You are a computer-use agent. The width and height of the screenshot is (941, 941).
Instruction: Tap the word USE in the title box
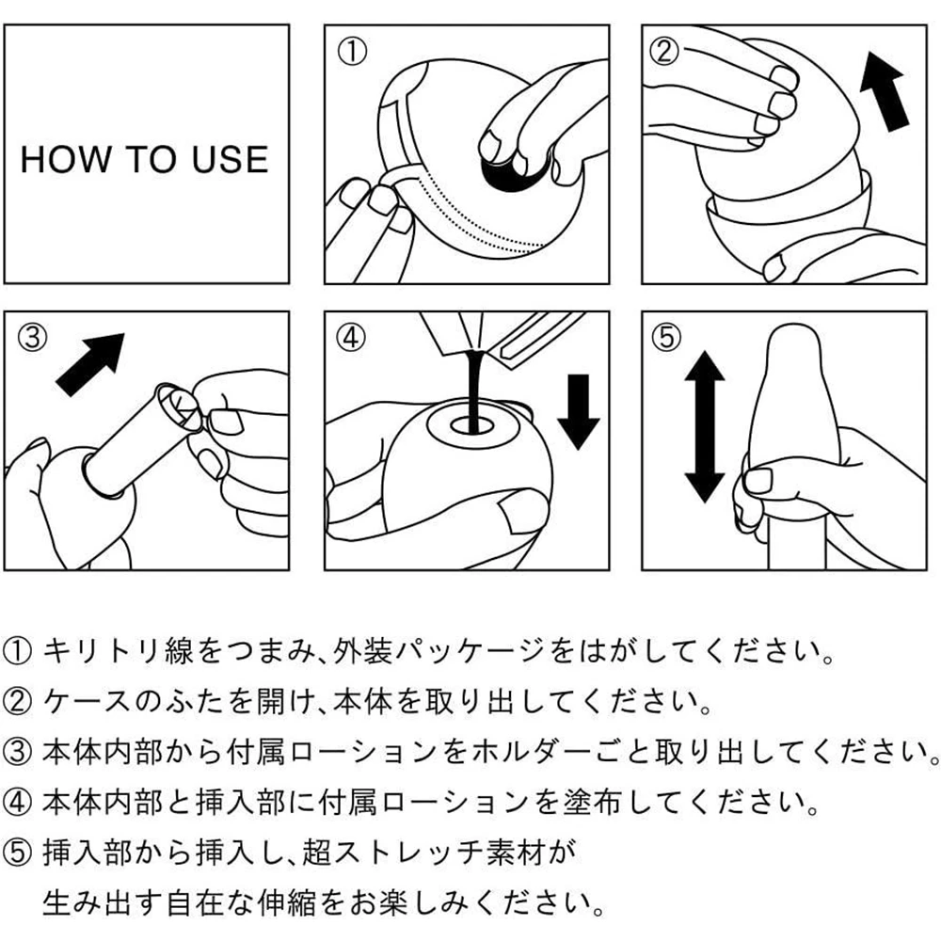[230, 160]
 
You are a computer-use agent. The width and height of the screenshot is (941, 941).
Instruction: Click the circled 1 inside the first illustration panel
[352, 52]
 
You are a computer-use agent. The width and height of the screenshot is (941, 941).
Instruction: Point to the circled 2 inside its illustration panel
[664, 51]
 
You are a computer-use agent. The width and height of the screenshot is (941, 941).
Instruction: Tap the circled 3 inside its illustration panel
[32, 338]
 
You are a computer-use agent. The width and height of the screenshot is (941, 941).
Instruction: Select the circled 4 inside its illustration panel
[351, 338]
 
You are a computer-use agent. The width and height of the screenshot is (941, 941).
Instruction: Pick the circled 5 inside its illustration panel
[667, 338]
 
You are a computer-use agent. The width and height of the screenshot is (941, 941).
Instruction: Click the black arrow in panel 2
[885, 92]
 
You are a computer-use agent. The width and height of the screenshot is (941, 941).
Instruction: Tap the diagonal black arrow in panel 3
[90, 364]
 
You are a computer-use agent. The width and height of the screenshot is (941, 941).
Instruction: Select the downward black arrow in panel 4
[579, 412]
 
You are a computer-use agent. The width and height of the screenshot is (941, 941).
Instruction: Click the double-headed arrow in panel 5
[705, 426]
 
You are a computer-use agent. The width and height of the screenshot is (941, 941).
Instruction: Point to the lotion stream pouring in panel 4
[474, 391]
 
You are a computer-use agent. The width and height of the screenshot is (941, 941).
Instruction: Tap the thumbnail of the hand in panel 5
[759, 480]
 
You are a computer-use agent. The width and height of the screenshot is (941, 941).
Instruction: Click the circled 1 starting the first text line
[17, 652]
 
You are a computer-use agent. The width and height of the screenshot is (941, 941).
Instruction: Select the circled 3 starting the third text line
[17, 753]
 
